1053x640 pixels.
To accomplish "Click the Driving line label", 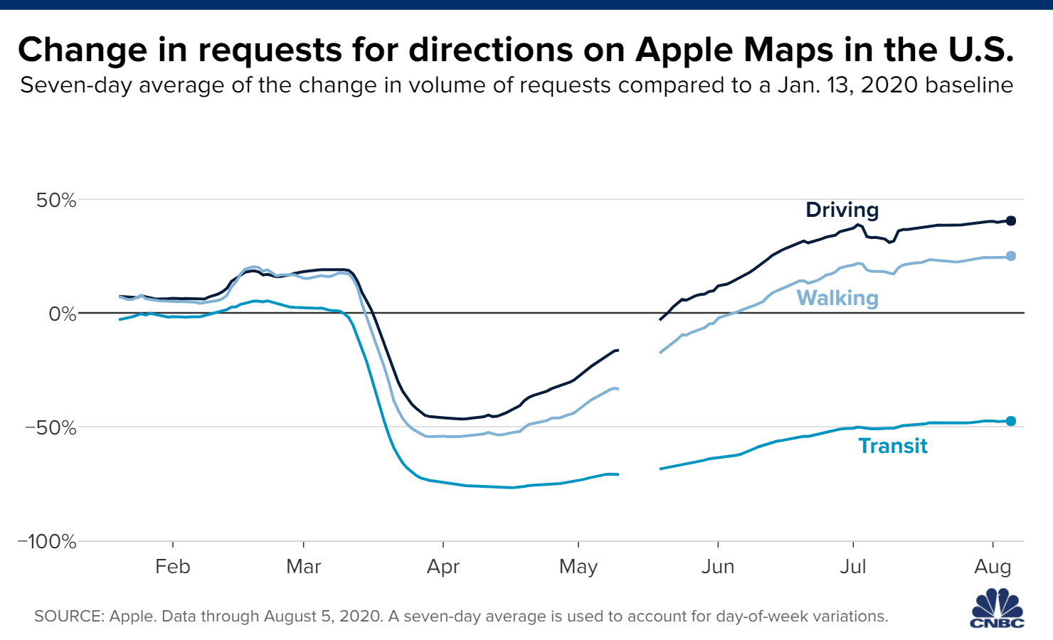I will pyautogui.click(x=842, y=210).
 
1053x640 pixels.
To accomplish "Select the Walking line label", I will pyautogui.click(x=837, y=298).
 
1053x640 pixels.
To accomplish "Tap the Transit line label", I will pyautogui.click(x=893, y=446).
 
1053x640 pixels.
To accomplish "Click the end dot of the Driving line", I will pyautogui.click(x=1011, y=220).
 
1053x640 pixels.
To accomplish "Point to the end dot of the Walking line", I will pyautogui.click(x=1011, y=256).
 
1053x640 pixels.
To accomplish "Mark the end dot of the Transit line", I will pyautogui.click(x=1011, y=421).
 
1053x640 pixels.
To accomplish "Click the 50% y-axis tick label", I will pyautogui.click(x=56, y=200).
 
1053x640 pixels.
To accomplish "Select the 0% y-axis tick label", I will pyautogui.click(x=62, y=314).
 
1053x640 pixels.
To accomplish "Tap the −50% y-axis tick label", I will pyautogui.click(x=51, y=427).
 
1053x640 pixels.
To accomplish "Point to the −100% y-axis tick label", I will pyautogui.click(x=46, y=541).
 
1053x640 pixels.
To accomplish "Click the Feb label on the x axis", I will pyautogui.click(x=173, y=567).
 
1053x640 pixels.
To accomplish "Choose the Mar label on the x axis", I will pyautogui.click(x=304, y=567).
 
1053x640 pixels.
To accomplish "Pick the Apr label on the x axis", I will pyautogui.click(x=443, y=567).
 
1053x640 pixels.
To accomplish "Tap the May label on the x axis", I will pyautogui.click(x=578, y=567).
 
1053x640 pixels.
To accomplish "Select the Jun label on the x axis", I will pyautogui.click(x=718, y=567).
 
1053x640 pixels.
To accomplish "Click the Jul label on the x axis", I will pyautogui.click(x=853, y=567).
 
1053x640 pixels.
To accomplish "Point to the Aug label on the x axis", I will pyautogui.click(x=993, y=567).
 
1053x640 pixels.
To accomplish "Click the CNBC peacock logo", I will pyautogui.click(x=998, y=609).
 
